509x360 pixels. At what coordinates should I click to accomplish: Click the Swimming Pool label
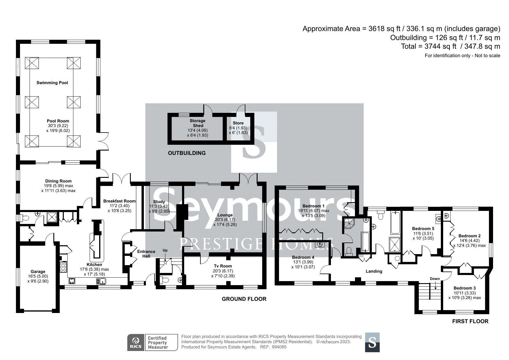click(52, 83)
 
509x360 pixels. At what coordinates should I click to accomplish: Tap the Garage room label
click(38, 272)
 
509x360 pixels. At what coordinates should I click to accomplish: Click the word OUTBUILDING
click(187, 153)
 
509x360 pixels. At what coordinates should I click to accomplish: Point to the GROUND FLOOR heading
click(244, 299)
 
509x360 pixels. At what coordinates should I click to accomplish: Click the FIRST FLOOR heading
click(470, 321)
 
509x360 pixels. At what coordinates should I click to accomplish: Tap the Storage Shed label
click(197, 123)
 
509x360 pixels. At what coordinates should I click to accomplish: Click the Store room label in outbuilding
click(238, 123)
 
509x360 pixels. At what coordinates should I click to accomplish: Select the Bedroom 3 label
click(465, 288)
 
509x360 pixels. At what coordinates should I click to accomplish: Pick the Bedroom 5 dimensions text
click(423, 236)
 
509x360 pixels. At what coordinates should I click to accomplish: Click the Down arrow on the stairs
click(435, 285)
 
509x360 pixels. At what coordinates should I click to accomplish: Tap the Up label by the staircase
click(165, 250)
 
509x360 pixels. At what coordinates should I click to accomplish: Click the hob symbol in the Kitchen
click(63, 267)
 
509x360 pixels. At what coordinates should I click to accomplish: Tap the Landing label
click(374, 271)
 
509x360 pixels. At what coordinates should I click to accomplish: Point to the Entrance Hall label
click(146, 254)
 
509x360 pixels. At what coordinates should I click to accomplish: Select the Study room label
click(159, 202)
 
